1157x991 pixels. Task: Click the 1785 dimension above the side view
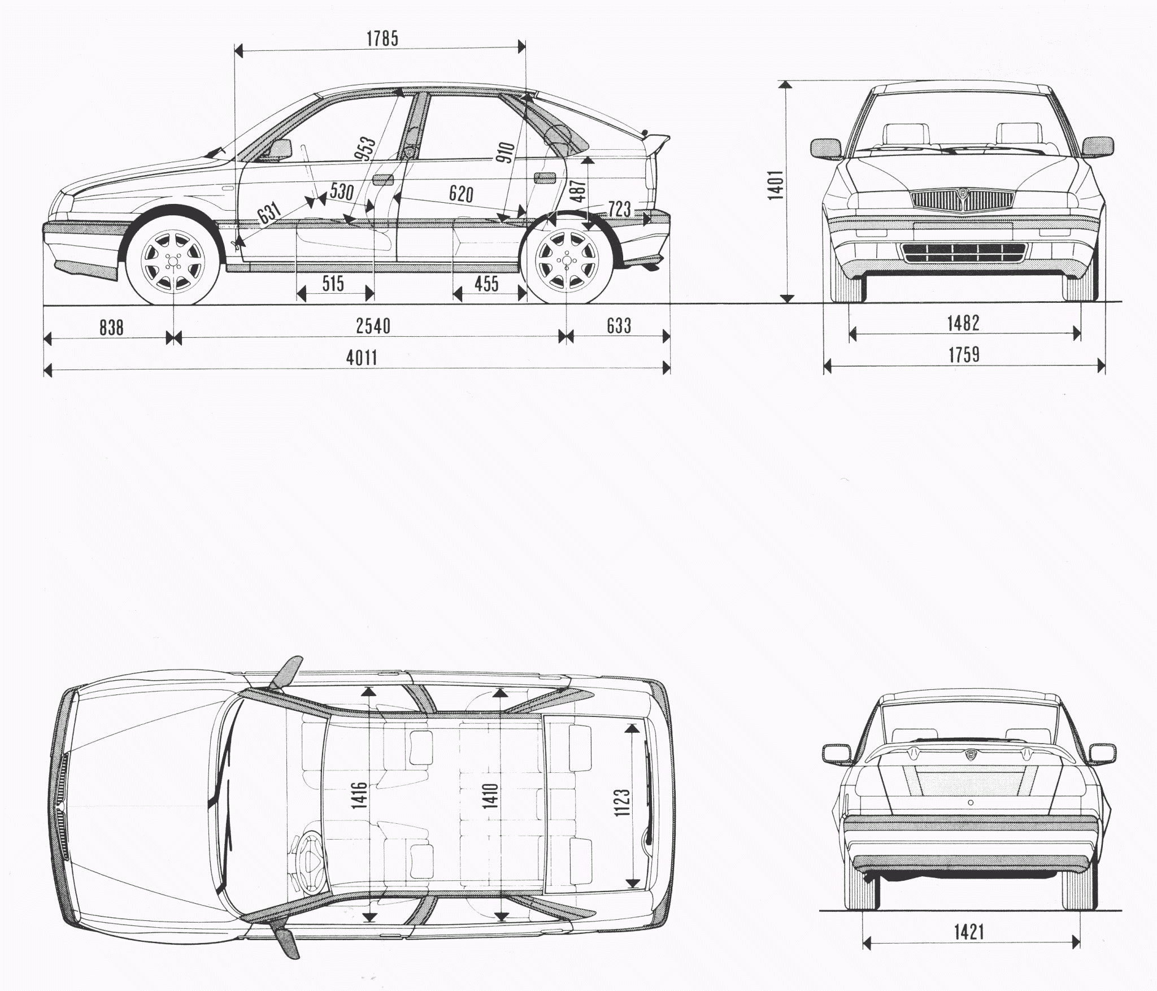tap(382, 38)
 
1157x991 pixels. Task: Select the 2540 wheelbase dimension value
tap(373, 326)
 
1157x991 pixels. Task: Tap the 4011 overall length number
tap(362, 358)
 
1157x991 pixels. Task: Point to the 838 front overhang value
tap(111, 327)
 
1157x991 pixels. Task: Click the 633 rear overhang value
tap(619, 325)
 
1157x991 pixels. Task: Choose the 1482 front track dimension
tap(963, 323)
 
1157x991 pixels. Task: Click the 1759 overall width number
tap(964, 355)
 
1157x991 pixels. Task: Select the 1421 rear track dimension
tap(969, 947)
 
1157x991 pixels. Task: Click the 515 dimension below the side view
tap(333, 283)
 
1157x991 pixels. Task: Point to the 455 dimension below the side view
tap(486, 283)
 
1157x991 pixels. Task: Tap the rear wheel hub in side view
tap(567, 260)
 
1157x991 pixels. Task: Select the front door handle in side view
tap(382, 180)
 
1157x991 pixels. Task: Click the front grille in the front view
tap(963, 201)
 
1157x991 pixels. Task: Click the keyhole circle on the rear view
tap(971, 803)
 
